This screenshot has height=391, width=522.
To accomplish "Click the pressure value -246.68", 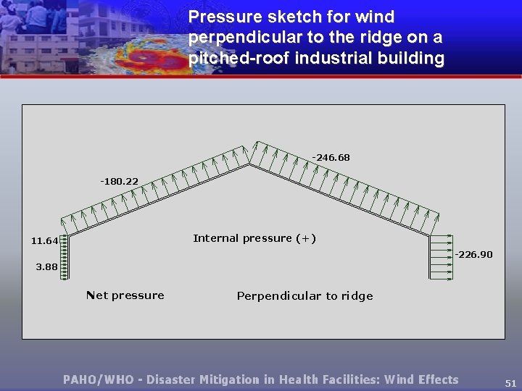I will (331, 157).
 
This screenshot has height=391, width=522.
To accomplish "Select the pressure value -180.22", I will (119, 181).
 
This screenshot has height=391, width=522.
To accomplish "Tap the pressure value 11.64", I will (45, 240).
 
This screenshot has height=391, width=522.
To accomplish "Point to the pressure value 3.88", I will (46, 266).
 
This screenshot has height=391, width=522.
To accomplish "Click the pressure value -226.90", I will (473, 254).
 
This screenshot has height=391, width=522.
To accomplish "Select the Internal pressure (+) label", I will (254, 238).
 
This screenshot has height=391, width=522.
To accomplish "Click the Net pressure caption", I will (125, 295).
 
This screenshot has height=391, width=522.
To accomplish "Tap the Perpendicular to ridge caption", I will (304, 295).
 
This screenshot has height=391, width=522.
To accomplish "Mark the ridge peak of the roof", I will (251, 164).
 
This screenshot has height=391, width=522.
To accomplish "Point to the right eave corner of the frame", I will (430, 234).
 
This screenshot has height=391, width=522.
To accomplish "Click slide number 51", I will (510, 384).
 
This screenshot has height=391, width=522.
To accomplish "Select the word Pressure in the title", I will (221, 16).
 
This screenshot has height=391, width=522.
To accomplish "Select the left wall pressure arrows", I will (65, 257).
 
